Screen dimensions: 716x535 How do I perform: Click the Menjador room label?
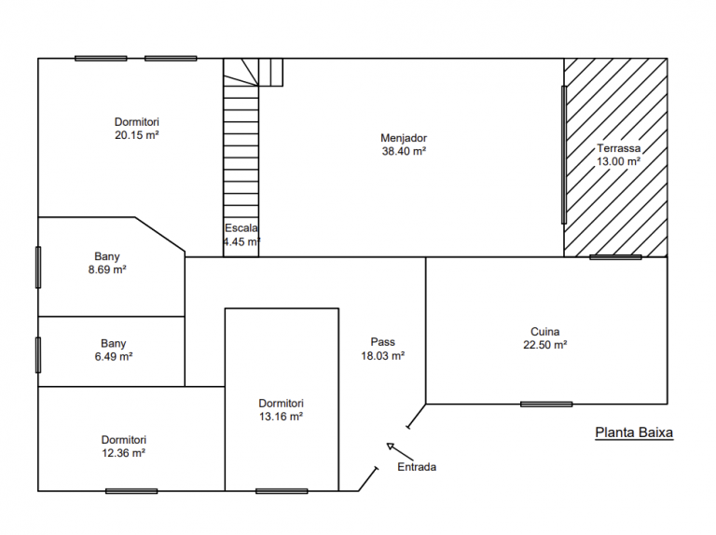(x=404, y=138)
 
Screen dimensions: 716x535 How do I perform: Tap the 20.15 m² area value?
(x=136, y=135)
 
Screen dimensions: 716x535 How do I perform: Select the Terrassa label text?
(x=618, y=148)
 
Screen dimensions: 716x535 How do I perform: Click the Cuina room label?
(x=544, y=332)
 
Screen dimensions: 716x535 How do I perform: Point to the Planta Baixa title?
(x=634, y=432)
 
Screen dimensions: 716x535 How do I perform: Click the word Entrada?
(x=417, y=467)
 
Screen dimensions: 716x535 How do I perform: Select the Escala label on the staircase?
(x=241, y=228)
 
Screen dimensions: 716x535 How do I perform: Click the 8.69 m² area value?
(x=107, y=269)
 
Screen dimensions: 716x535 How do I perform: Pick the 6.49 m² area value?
(x=113, y=357)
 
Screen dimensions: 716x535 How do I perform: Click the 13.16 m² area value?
(x=281, y=417)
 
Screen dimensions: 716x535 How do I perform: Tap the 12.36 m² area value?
(x=123, y=453)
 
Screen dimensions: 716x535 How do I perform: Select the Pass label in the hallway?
(x=382, y=342)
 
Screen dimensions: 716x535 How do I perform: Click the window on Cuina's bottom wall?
(x=546, y=404)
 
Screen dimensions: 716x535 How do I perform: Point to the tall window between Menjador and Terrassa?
(x=564, y=155)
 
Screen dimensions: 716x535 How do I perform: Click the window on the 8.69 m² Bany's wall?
(x=38, y=267)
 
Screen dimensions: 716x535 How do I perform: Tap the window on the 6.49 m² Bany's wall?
(x=38, y=355)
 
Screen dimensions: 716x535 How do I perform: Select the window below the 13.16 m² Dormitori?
(x=282, y=491)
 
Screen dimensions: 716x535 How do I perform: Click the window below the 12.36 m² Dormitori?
(x=131, y=491)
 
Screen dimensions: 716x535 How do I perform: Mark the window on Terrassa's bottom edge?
(x=615, y=257)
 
